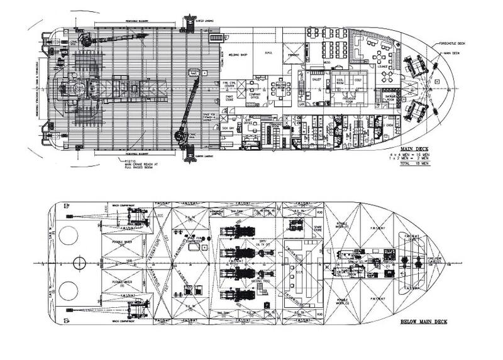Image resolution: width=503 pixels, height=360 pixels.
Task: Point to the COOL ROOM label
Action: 343,81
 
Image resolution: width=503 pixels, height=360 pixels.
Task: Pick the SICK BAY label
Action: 228,127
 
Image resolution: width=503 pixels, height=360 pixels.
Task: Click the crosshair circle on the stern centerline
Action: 80,263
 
